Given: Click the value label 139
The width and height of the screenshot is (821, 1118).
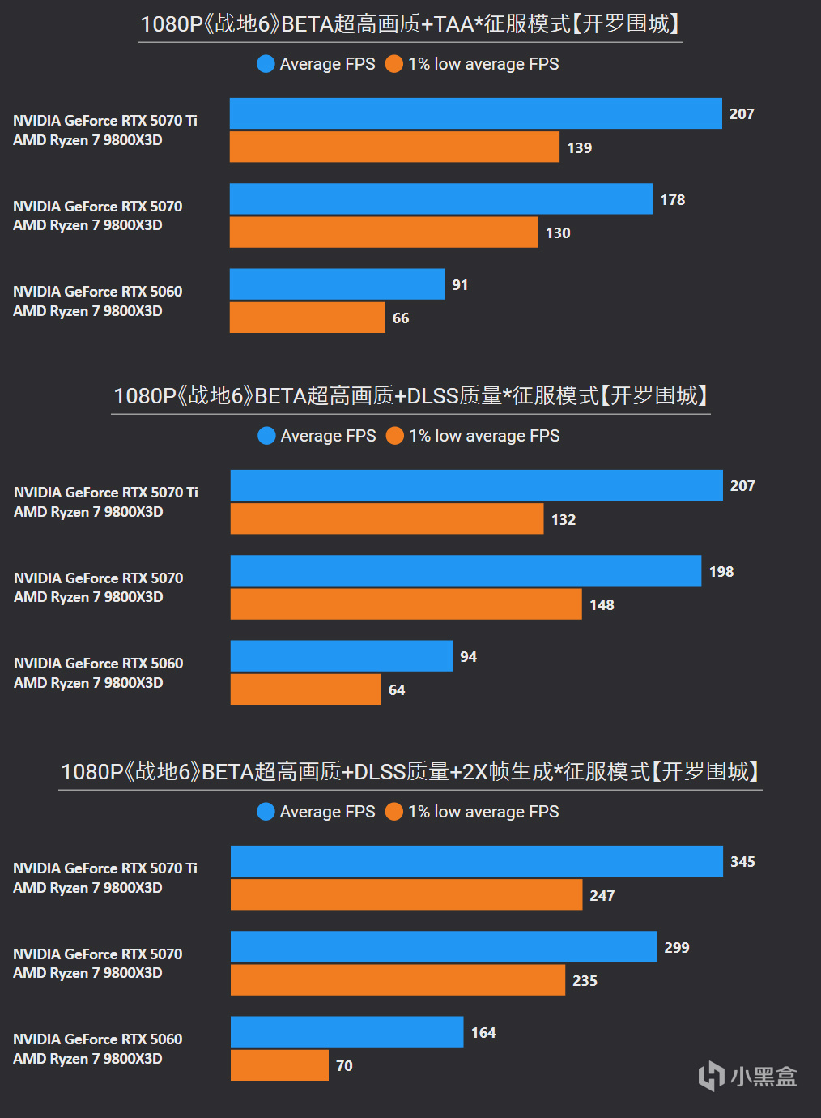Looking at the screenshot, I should coord(580,148).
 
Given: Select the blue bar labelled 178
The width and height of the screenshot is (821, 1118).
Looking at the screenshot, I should coord(440,198).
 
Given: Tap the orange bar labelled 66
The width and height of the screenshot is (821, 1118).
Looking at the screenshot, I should coord(307,318).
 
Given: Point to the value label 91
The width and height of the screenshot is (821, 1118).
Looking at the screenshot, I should coord(460,285).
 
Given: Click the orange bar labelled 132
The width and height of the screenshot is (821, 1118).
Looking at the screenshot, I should coord(386,518).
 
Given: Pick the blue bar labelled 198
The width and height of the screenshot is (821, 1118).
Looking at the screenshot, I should coord(466,570).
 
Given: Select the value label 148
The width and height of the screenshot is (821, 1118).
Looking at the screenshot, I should coord(602,605).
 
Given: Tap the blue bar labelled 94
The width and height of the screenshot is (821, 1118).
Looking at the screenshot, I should coord(341,656).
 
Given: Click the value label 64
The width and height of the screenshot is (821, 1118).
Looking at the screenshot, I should coord(397,690).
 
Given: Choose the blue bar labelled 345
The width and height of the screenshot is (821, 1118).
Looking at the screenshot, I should coord(476,861).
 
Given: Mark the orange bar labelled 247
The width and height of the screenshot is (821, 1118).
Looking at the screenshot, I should coord(406,894).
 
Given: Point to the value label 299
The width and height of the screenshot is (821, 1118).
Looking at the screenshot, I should coord(677,948).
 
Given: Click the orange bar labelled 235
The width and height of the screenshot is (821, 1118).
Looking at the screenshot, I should coord(398,979).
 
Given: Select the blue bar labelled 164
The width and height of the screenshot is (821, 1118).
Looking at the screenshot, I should coord(347,1032).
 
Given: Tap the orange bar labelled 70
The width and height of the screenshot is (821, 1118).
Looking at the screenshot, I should coord(279,1065).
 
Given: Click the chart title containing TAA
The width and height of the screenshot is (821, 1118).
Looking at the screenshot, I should coord(410,24).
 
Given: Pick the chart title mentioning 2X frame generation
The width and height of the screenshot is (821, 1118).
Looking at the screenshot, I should coord(410,771).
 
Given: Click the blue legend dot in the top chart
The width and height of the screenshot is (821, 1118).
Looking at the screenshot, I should coord(266,64).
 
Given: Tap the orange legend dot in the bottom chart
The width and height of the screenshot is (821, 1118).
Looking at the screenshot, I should coord(394,812).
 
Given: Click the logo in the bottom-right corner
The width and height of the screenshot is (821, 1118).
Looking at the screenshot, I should coord(747,1076).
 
